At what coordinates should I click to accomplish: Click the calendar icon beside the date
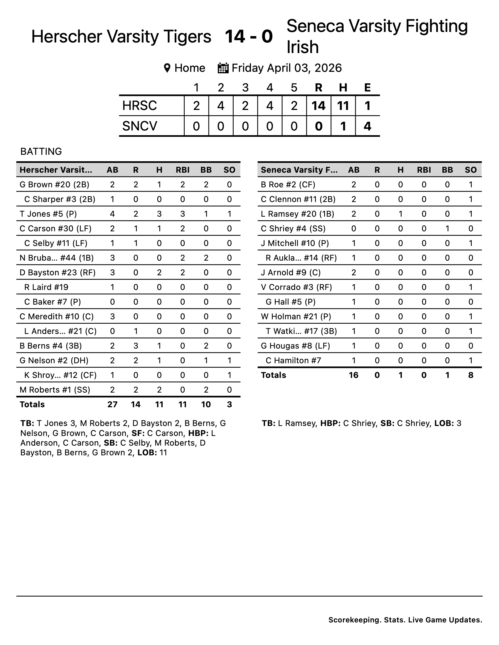(x=223, y=68)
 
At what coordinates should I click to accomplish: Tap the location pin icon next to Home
(x=167, y=68)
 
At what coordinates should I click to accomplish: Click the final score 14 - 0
(x=249, y=37)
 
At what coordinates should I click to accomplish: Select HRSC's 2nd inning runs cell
(x=221, y=106)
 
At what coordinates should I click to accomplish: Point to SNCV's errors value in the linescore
(x=367, y=126)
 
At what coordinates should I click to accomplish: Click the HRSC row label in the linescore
(x=139, y=106)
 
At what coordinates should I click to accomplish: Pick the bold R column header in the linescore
(x=318, y=87)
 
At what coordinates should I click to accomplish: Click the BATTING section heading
(x=41, y=151)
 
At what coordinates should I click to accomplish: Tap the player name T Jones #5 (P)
(x=48, y=214)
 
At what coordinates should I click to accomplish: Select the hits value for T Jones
(x=159, y=214)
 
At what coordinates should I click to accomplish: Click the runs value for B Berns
(x=136, y=346)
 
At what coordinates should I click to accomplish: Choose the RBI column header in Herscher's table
(x=182, y=170)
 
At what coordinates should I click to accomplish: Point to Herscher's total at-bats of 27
(x=112, y=404)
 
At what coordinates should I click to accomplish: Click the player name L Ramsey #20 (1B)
(x=297, y=214)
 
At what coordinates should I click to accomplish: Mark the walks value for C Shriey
(x=447, y=229)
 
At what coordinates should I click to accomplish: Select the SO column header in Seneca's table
(x=471, y=170)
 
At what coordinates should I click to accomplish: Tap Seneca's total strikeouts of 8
(x=471, y=375)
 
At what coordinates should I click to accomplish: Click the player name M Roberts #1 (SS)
(x=55, y=390)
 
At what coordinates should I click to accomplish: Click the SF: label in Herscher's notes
(x=138, y=433)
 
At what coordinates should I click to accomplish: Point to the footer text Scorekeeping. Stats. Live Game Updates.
(x=405, y=620)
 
